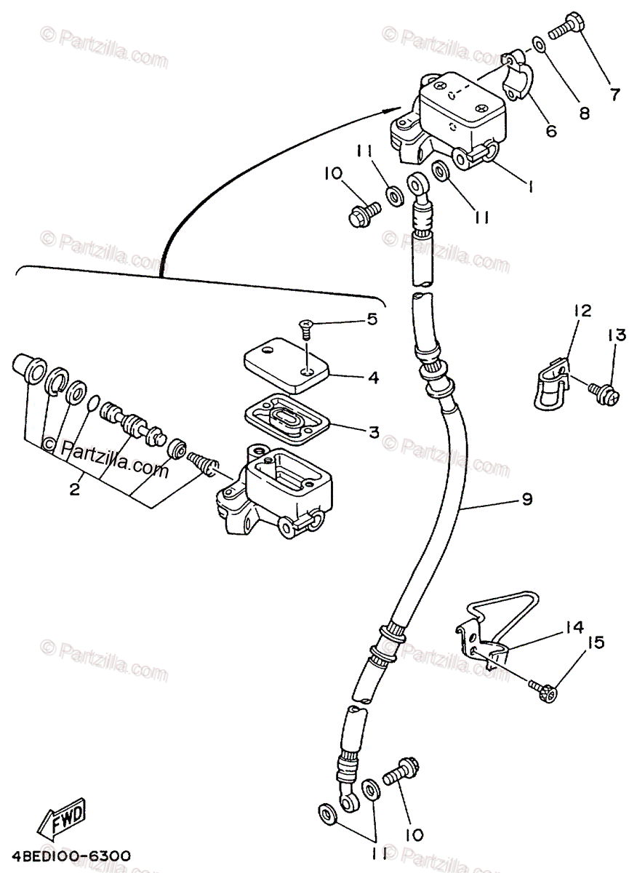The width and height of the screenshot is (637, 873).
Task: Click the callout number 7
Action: (615, 93)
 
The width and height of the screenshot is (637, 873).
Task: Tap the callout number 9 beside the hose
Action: (526, 499)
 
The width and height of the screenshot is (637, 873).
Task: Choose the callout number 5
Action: (372, 319)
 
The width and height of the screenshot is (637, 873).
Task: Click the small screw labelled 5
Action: (307, 329)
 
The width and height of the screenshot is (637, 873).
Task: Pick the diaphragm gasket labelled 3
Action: (292, 417)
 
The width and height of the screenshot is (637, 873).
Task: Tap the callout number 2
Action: (74, 490)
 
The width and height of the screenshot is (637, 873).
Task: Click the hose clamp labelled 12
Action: (548, 385)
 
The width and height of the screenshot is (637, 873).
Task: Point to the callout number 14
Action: (573, 626)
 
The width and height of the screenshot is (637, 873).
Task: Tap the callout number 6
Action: (550, 131)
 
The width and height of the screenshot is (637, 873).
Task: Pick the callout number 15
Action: (596, 642)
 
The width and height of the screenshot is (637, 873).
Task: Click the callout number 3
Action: (373, 432)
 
